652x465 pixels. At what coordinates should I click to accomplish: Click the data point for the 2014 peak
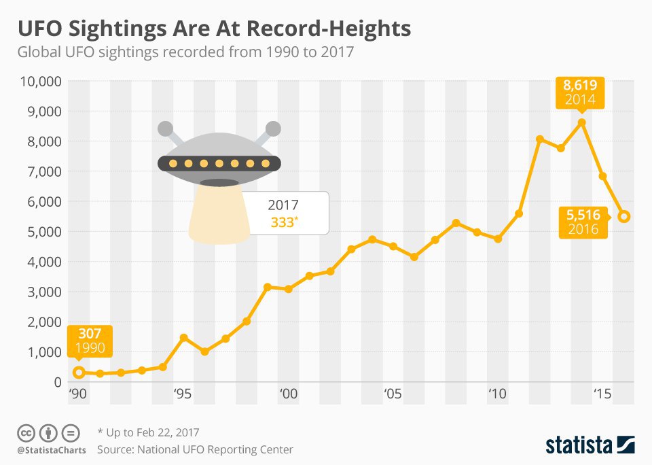(581, 123)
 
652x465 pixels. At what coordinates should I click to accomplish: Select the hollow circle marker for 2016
(624, 216)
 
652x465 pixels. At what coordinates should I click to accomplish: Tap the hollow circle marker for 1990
(79, 372)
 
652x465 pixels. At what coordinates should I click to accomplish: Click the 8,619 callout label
(579, 86)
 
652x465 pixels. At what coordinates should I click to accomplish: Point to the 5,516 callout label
(583, 216)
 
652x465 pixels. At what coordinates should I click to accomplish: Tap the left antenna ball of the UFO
(165, 128)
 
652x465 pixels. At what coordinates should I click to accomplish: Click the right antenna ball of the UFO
(273, 128)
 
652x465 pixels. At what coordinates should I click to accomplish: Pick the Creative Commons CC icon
(26, 432)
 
